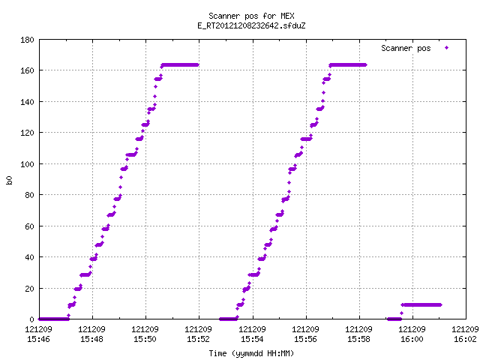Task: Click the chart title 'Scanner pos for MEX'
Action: coord(251,16)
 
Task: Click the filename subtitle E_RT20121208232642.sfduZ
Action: coord(251,25)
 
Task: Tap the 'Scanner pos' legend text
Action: coord(406,48)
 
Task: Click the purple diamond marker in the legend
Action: coord(447,48)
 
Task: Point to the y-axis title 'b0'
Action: coord(9,180)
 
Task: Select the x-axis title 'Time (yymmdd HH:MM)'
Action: coord(251,353)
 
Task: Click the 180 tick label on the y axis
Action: coord(27,40)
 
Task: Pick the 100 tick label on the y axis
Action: coord(27,164)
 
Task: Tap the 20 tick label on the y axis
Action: coord(29,288)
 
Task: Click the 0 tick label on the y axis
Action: coord(31,319)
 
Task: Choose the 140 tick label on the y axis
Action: coord(27,102)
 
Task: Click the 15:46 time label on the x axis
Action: coord(38,339)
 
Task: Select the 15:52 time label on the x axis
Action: coord(198,339)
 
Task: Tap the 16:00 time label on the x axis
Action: coord(412,339)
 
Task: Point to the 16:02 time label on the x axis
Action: coord(465,339)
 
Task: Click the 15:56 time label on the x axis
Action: coord(305,339)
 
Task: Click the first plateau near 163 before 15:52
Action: coord(180,65)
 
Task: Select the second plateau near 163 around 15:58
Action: coord(348,65)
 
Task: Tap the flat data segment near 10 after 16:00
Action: coord(421,305)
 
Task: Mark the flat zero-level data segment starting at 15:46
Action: coord(54,319)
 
